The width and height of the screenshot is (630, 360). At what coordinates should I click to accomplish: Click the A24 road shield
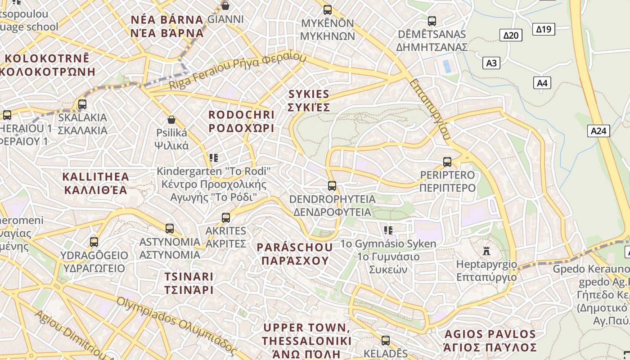click(598, 131)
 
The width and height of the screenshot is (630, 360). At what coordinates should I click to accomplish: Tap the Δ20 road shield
click(511, 35)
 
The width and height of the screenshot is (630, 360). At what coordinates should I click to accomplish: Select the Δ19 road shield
click(544, 29)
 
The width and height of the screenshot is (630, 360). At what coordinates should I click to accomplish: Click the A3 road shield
click(491, 63)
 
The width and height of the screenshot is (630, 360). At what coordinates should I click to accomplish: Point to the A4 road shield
click(542, 83)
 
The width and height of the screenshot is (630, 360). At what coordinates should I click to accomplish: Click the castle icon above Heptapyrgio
click(486, 250)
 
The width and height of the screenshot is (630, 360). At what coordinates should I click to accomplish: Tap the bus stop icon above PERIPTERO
click(447, 162)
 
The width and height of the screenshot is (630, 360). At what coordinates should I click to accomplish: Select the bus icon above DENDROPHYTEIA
click(332, 185)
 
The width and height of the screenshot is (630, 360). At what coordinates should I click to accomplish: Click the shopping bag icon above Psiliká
click(171, 120)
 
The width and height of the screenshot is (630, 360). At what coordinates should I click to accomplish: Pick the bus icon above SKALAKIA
click(82, 104)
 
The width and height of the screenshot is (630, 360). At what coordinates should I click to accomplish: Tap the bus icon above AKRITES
click(226, 218)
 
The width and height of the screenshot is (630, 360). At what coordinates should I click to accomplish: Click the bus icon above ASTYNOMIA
click(170, 229)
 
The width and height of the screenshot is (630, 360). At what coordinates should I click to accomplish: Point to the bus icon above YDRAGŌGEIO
click(94, 242)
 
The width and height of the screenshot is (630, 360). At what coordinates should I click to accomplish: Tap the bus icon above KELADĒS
click(386, 341)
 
